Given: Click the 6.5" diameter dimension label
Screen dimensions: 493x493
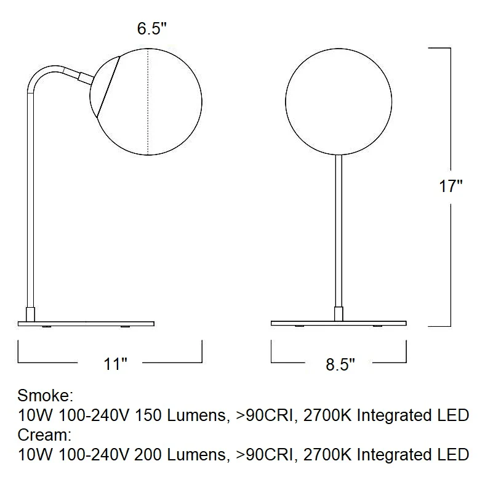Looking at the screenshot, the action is click(x=151, y=28).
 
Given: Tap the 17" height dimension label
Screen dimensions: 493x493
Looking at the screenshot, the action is click(x=451, y=186).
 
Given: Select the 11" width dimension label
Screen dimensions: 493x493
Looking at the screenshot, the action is click(x=115, y=364).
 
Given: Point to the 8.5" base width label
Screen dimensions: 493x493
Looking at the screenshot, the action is click(x=340, y=364).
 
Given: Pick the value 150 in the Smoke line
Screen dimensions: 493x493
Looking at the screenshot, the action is click(x=148, y=415).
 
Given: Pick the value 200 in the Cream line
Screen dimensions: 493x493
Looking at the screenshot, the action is click(x=148, y=455).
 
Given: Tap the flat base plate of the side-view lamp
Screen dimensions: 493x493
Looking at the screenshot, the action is click(x=86, y=324).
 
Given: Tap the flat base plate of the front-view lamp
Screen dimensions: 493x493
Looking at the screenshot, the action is click(x=339, y=323).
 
